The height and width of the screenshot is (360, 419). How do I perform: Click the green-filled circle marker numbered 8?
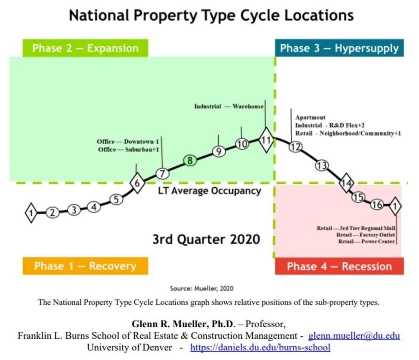point(190,160)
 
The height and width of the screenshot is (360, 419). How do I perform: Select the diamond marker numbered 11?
point(265,141)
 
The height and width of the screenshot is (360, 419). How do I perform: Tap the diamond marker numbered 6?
point(137,183)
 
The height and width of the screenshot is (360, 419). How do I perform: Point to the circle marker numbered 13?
point(322,166)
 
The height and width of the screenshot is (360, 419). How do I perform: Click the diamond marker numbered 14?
point(346,183)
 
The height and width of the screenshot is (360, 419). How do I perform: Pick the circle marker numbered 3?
point(74,210)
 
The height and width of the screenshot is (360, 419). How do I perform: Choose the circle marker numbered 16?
point(377,205)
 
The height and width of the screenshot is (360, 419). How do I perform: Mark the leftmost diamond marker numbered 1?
point(31,212)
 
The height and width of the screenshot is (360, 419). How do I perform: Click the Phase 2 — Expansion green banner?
point(85,48)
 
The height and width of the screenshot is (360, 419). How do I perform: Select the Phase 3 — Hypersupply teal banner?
point(339,48)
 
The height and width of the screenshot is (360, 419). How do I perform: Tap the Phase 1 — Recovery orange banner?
point(85,266)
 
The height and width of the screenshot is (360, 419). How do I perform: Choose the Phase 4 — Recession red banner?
point(339,266)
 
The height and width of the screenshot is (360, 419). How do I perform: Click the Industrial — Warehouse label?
point(228,106)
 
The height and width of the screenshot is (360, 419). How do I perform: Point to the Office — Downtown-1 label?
point(127,142)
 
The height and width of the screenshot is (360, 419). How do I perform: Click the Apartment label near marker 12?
point(310,118)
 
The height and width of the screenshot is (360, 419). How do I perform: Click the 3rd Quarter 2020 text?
point(206,239)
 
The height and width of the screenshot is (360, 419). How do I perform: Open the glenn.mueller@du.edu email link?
point(353,336)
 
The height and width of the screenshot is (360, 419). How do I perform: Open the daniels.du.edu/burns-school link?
point(260,347)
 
